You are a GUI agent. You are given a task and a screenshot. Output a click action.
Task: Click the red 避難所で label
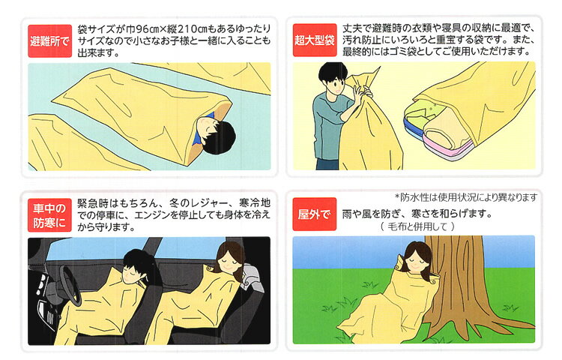[x=49, y=41]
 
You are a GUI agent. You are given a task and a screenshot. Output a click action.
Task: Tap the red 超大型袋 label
[x=315, y=40]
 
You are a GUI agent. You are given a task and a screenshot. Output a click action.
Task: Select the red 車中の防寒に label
[x=49, y=215]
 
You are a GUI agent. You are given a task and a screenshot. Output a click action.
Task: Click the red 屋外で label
[x=314, y=214]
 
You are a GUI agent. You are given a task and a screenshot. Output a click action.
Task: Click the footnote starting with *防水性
[x=465, y=197]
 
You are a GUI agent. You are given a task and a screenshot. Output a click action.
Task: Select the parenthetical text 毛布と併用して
[x=417, y=226]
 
